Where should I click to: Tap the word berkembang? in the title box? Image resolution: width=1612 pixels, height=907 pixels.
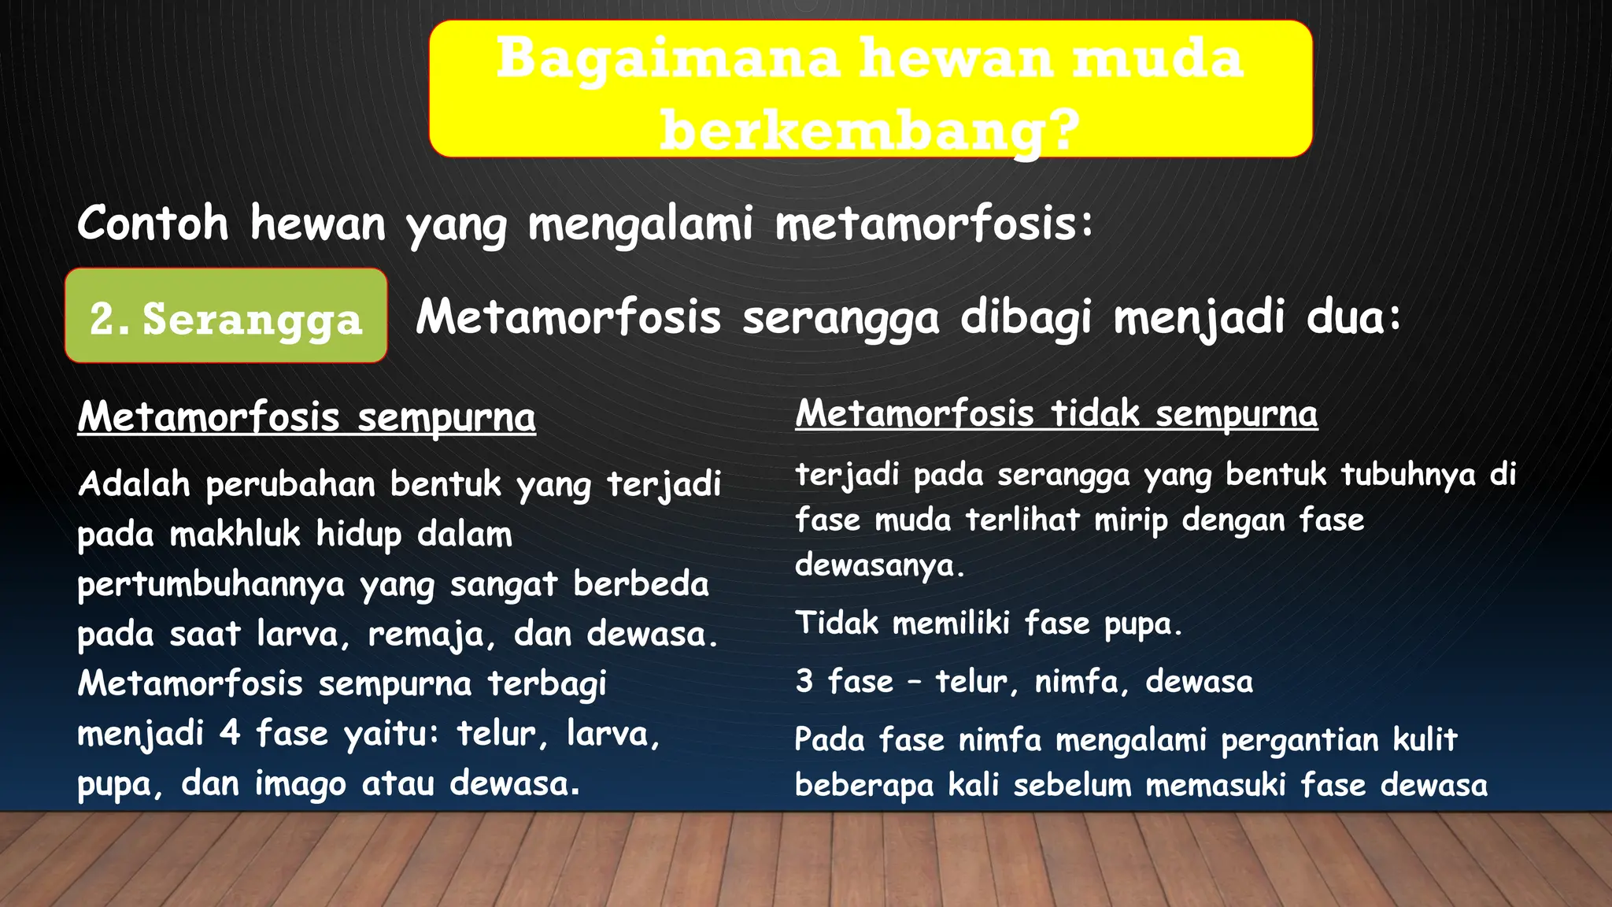(x=869, y=130)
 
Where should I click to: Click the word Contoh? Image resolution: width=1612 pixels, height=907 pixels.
(x=153, y=223)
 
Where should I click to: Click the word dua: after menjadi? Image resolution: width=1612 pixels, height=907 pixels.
(x=1354, y=317)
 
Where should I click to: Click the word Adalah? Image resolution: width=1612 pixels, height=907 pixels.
(x=134, y=483)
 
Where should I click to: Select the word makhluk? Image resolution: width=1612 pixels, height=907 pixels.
(x=235, y=534)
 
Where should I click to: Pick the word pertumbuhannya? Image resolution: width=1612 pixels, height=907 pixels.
(x=211, y=585)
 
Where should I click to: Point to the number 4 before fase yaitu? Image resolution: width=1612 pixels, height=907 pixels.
(x=229, y=733)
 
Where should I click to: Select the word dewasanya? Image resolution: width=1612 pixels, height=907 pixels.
(x=878, y=565)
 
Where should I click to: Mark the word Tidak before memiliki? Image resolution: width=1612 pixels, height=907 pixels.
(x=836, y=623)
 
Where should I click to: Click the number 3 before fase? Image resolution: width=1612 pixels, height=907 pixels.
(x=804, y=681)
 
